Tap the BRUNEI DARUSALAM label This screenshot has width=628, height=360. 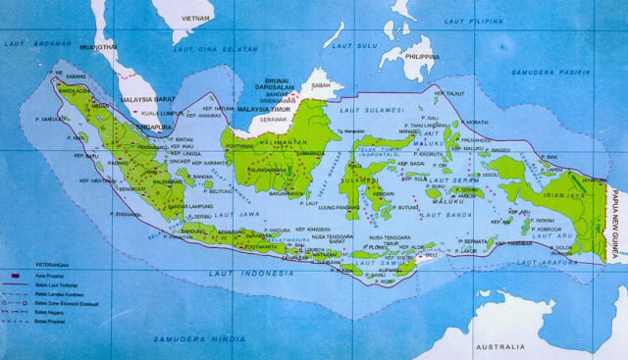click(x=278, y=89)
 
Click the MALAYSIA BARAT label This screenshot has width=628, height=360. click(x=146, y=98)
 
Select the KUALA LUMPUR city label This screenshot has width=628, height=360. click(x=161, y=112)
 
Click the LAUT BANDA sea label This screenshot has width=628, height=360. click(x=436, y=214)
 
